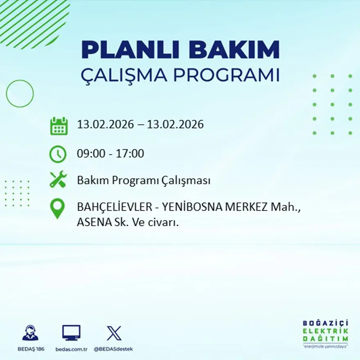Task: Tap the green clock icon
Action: coord(58,154)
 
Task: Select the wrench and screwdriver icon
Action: coord(58,180)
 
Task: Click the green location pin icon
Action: coord(57,208)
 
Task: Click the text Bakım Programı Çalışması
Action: coord(144,180)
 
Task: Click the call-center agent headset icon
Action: coord(30,333)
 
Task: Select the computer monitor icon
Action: coord(71,333)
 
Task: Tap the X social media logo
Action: coord(114,333)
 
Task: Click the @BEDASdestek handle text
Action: coord(113,349)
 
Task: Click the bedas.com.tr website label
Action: coord(71,349)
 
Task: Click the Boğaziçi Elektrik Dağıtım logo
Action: coord(325,333)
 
